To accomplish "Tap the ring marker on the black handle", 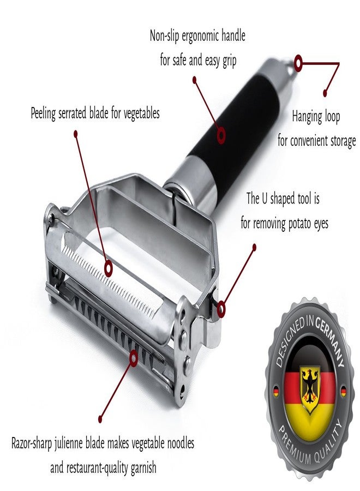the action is [221, 135].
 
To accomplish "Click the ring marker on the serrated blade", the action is [109, 268].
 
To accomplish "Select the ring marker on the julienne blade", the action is [134, 358].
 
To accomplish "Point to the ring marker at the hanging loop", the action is [298, 63].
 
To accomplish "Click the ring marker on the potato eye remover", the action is [221, 309].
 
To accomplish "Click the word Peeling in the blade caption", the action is [43, 113].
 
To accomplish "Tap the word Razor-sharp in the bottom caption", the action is [32, 444].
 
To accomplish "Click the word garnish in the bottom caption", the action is [143, 469].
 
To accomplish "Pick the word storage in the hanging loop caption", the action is [342, 141].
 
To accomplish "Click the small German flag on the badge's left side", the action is [276, 391].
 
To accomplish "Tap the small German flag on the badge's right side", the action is [344, 391].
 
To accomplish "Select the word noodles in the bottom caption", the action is [181, 444].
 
